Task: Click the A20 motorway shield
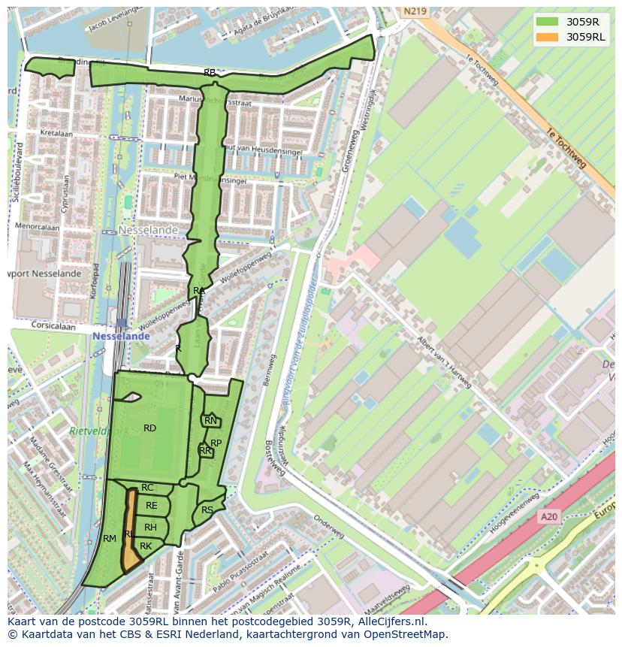point(549,517)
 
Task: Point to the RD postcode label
point(149,428)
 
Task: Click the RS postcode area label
point(207,510)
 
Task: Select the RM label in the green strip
point(110,539)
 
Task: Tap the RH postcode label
point(150,528)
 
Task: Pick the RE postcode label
point(152,506)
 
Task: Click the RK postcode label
point(146,546)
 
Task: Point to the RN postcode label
point(210,421)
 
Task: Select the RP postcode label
point(216,443)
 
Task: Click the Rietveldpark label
point(98,431)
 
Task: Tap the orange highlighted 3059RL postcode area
point(131,552)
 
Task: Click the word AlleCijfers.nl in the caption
point(391,621)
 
